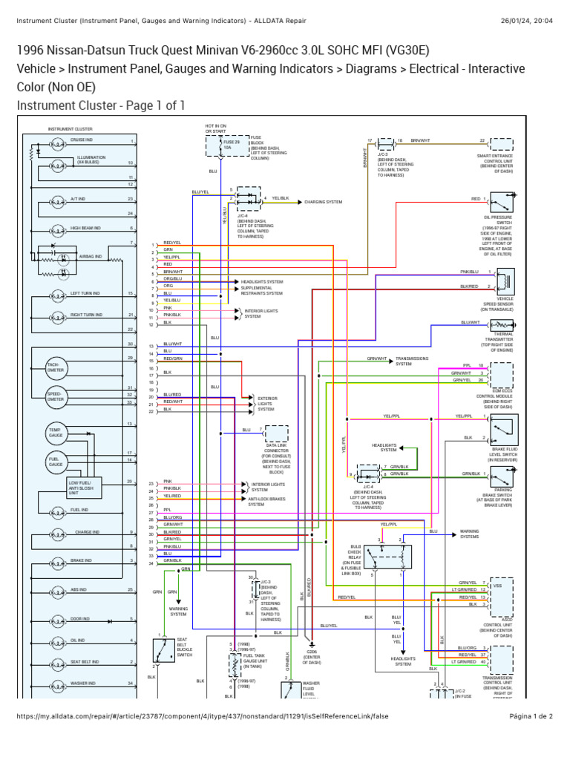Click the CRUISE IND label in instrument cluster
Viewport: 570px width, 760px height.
[82, 140]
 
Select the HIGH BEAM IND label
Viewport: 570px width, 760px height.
[86, 229]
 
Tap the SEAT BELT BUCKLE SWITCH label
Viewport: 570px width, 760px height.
[185, 647]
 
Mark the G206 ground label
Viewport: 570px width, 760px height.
[312, 658]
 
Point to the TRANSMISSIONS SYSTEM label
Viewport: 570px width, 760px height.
[413, 361]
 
